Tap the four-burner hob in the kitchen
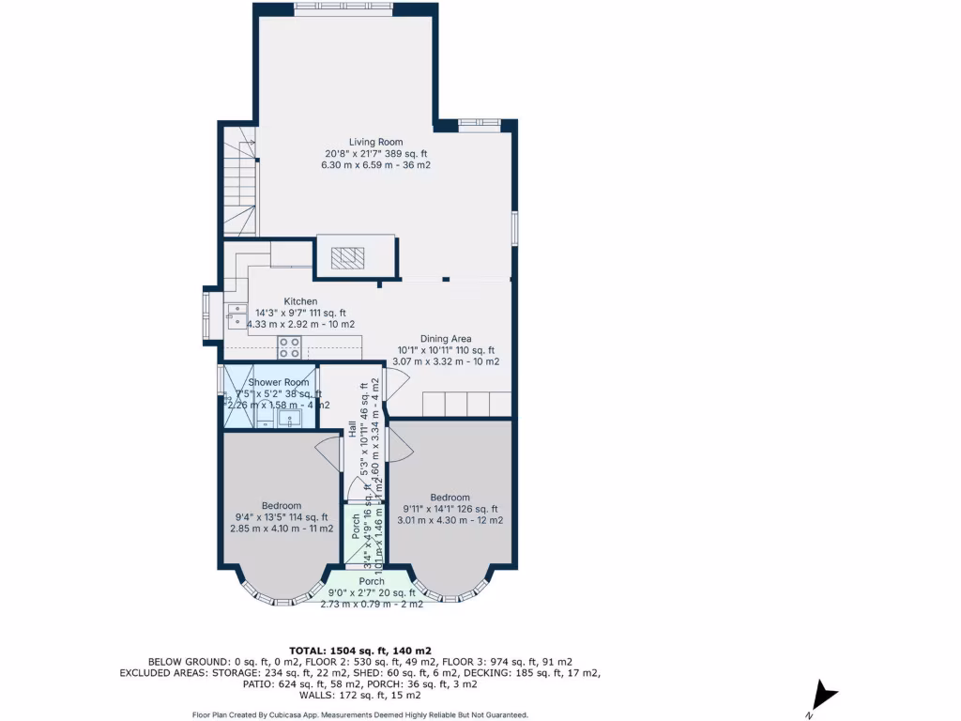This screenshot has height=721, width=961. pos(290,347)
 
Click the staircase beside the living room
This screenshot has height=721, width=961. pos(240,183)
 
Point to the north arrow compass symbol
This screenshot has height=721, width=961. pos(825,696)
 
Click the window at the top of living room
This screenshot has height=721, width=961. pos(343,8)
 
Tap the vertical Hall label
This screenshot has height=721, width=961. pos(353,430)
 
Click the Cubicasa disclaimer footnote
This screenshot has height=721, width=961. pos(359,714)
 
